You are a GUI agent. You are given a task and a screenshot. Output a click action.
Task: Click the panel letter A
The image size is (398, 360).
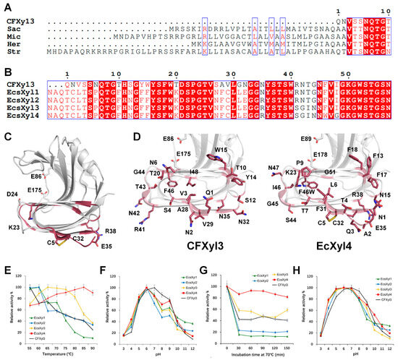click(x=6, y=5)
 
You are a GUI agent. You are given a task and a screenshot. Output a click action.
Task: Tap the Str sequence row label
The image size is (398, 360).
click(x=12, y=51)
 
